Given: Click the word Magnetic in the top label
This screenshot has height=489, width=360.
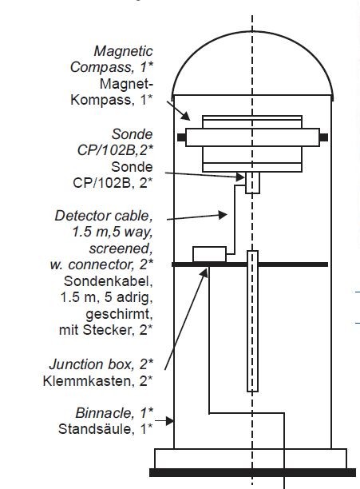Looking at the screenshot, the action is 123,51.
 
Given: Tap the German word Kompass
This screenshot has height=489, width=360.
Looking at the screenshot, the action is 101,100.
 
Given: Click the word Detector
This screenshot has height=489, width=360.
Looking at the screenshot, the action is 82,216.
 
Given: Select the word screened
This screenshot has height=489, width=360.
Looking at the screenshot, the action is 121,248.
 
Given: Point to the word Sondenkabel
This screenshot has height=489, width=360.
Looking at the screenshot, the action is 109,281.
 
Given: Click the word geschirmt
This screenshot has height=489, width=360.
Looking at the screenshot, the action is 119,314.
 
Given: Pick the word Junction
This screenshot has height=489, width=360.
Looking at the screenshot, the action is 77,364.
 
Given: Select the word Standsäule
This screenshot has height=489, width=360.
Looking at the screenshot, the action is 97,429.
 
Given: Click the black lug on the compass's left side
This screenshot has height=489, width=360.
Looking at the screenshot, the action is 181,137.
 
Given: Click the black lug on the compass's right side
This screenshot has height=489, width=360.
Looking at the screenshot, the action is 324,137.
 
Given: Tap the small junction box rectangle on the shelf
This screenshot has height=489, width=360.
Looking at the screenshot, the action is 210,254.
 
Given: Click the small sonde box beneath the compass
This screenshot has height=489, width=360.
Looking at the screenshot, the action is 252,183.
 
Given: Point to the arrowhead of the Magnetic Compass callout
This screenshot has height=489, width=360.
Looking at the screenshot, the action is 186,117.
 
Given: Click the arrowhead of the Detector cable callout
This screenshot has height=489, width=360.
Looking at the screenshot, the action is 223,215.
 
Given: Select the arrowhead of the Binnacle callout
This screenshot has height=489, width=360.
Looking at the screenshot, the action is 170,421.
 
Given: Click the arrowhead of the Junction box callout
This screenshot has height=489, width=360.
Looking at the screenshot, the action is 204,273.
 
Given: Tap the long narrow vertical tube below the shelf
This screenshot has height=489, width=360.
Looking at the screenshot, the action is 252,321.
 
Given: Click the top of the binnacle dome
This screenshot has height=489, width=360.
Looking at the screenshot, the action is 252,31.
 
